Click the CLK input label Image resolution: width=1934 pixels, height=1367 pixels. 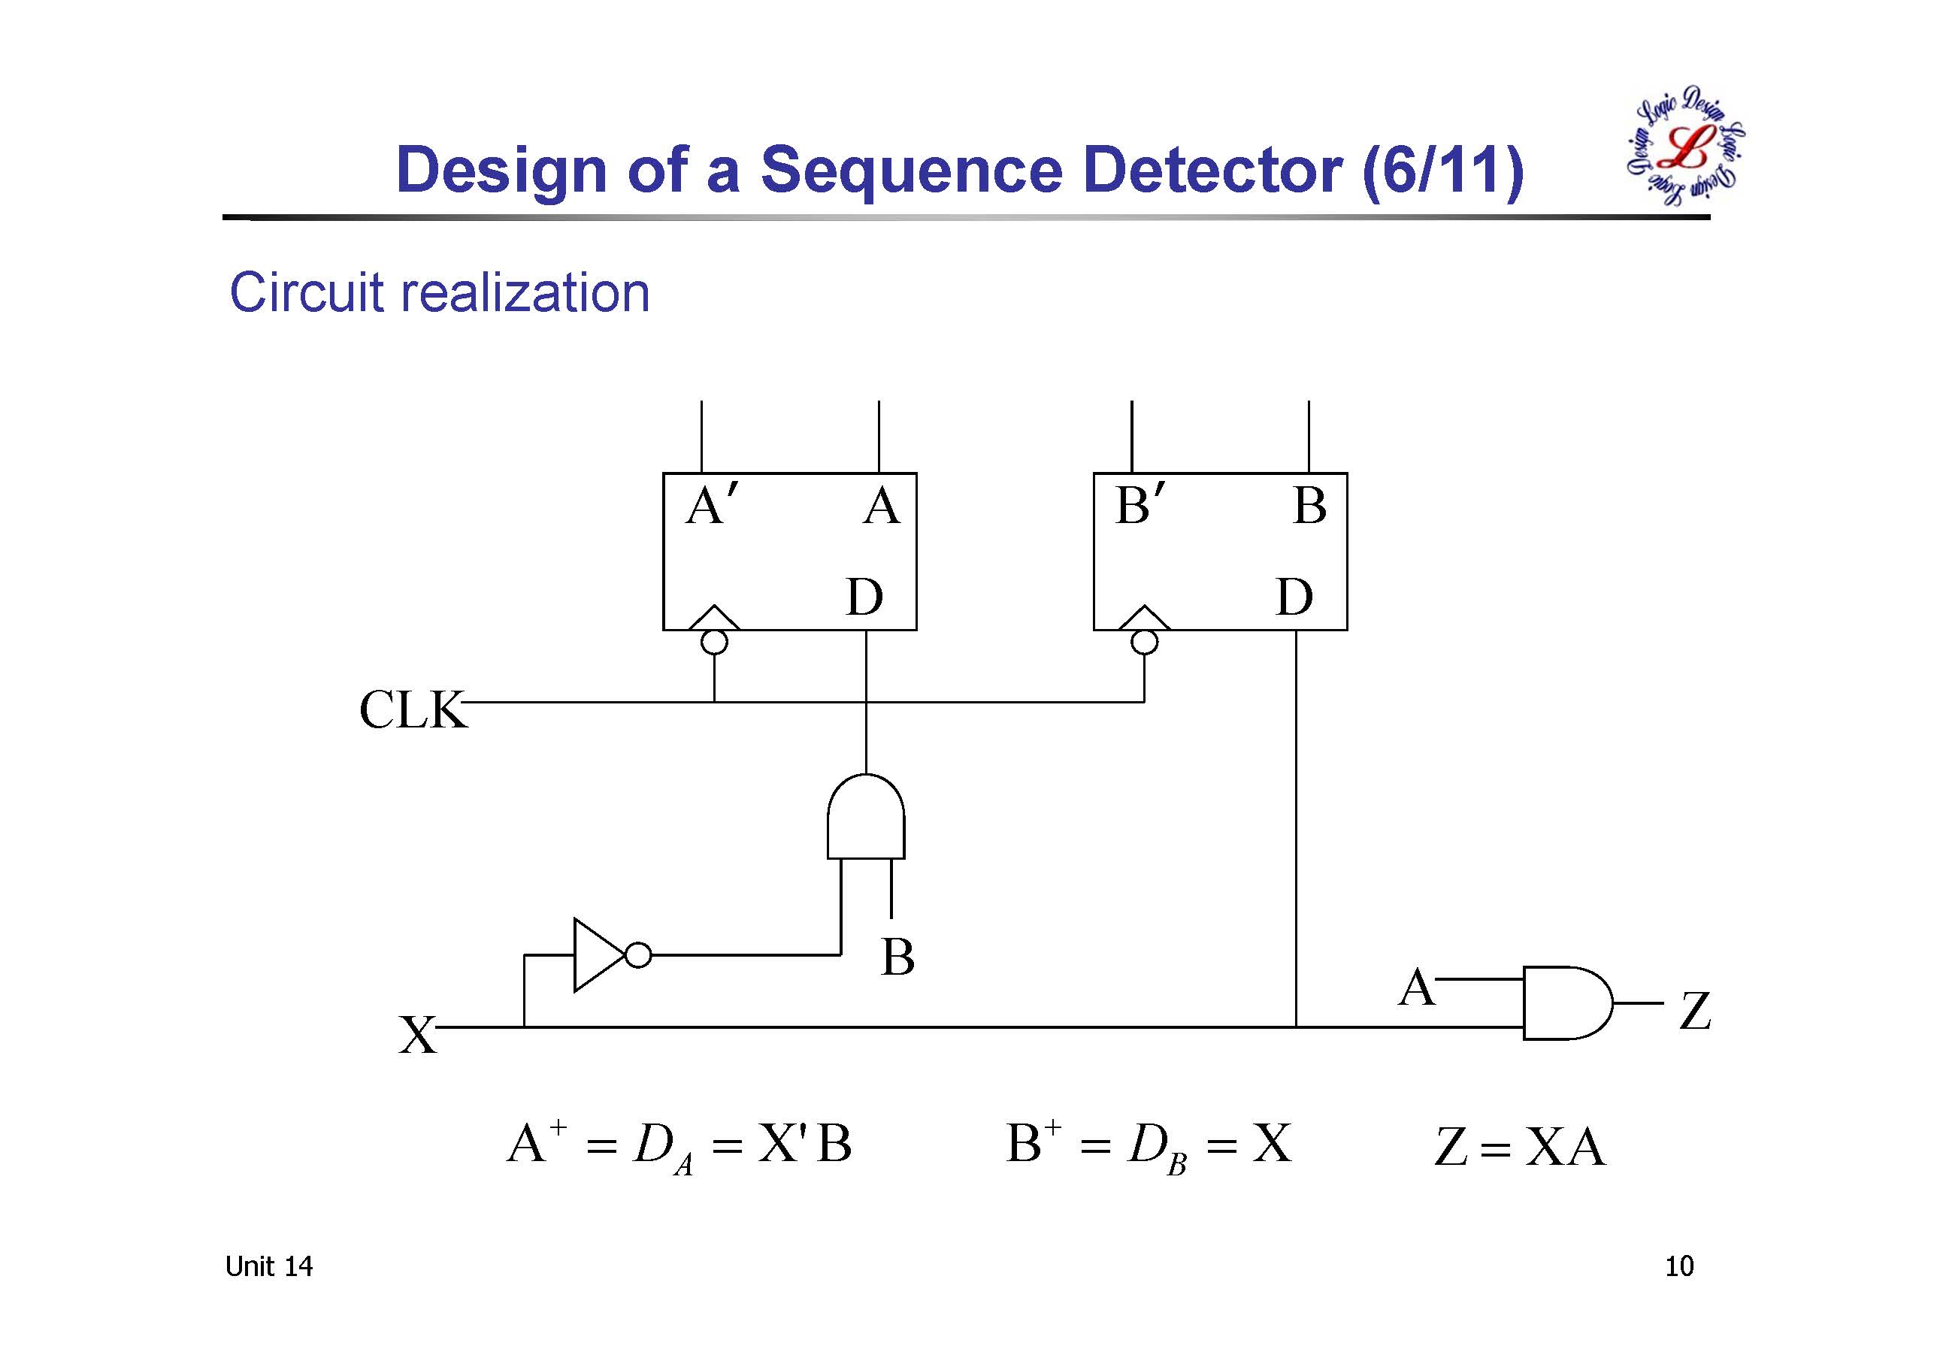pos(412,709)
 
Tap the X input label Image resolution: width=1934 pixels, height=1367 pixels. pos(417,1035)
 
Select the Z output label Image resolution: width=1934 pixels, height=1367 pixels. pos(1695,1011)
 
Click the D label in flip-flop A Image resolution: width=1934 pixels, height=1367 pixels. pos(864,598)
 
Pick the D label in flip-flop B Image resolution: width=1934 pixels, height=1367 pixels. pos(1294,598)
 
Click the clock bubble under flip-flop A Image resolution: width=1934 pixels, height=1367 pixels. pos(714,643)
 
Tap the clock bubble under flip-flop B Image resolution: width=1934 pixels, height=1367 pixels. pos(1144,643)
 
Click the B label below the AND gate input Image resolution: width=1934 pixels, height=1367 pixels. pos(898,957)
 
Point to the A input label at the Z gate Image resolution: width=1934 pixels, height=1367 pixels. pos(1416,987)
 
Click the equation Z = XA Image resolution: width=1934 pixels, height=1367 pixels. pos(1520,1147)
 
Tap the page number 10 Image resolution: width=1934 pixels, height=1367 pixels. pos(1678,1266)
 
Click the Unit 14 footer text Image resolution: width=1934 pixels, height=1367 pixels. pos(268,1266)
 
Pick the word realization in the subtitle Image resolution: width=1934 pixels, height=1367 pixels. pos(523,293)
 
